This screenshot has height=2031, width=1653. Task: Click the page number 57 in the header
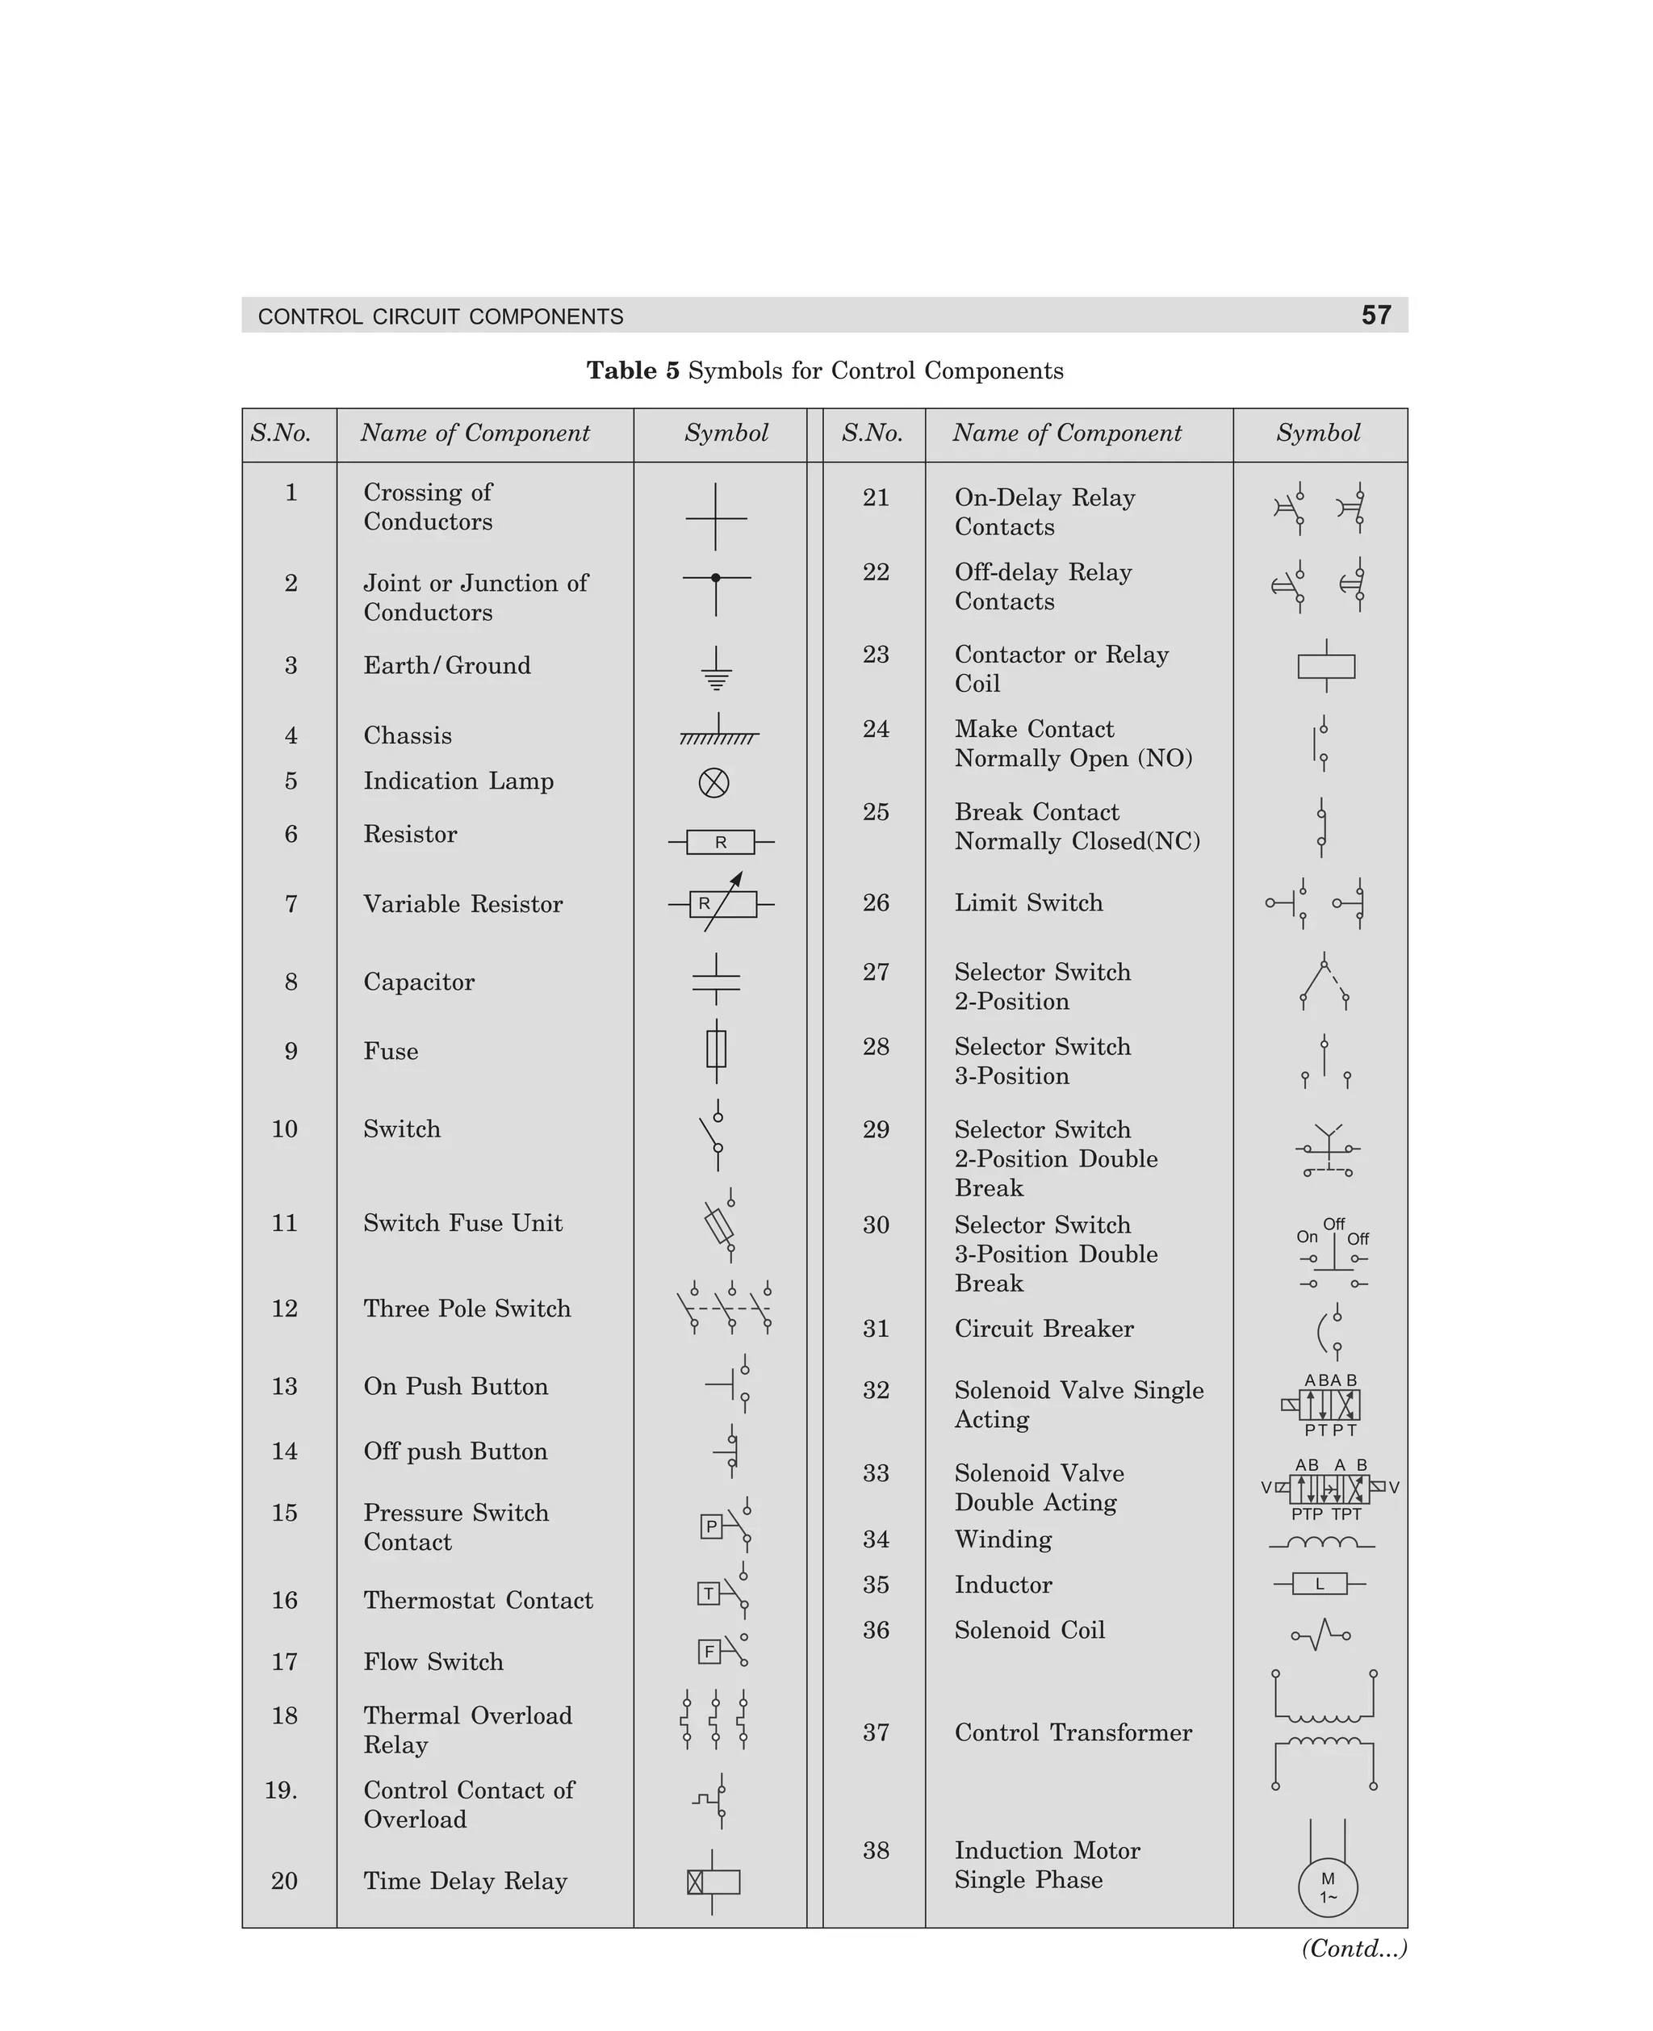1375,315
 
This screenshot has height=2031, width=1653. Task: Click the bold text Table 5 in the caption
632,371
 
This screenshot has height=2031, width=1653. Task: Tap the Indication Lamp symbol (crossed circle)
714,783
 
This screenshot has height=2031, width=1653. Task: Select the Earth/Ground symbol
716,669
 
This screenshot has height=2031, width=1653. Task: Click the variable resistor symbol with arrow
722,902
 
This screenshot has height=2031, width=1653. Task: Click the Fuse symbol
716,1049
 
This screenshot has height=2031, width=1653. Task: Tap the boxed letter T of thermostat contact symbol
708,1593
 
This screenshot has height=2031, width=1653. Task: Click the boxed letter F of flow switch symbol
709,1651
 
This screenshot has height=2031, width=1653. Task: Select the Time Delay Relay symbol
714,1881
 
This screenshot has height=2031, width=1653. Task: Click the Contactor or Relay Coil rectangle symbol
1325,666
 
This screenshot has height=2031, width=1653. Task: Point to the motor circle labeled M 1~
1328,1887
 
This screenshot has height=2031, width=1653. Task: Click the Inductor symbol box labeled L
1320,1585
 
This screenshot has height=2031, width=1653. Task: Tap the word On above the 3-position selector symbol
1307,1237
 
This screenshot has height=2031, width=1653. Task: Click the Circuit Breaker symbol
1329,1332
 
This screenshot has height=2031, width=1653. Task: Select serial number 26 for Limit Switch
875,902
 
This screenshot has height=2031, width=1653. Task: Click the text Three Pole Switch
467,1309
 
